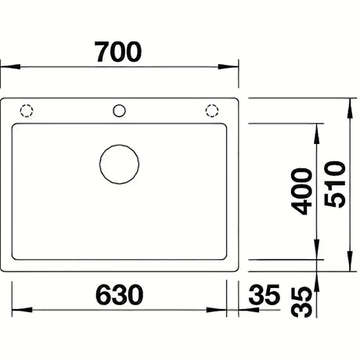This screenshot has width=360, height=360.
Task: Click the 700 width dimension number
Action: [119, 52]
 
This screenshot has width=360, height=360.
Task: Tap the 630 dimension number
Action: [120, 295]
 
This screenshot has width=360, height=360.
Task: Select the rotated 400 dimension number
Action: [301, 192]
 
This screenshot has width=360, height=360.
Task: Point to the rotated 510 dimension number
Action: [335, 185]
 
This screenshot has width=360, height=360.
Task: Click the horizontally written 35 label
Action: [264, 295]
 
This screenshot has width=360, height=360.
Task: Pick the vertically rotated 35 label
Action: [301, 302]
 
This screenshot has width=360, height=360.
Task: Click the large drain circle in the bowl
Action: [119, 164]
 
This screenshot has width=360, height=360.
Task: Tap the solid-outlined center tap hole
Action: [119, 110]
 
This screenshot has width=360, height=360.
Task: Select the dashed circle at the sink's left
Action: [27, 110]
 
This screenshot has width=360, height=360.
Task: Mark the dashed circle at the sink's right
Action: [212, 110]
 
